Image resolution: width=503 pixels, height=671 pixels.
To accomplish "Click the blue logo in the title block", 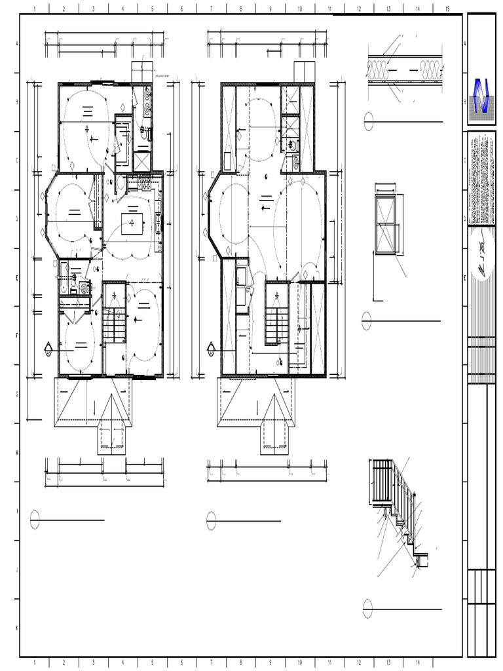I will pyautogui.click(x=482, y=97).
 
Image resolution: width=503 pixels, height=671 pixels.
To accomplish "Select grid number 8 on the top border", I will pyautogui.click(x=241, y=9).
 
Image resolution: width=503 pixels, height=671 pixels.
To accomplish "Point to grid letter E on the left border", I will pyautogui.click(x=16, y=278).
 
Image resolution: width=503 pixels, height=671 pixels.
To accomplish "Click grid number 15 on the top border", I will pyautogui.click(x=447, y=9).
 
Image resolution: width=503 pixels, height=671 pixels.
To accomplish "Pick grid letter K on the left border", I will pyautogui.click(x=16, y=628).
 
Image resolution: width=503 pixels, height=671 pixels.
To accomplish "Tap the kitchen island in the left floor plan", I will pyautogui.click(x=133, y=223).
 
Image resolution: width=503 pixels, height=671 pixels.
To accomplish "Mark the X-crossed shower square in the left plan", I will pyautogui.click(x=142, y=161).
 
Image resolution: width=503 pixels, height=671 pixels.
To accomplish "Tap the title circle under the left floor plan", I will pyautogui.click(x=35, y=520).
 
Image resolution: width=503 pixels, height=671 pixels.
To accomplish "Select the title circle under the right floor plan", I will pyautogui.click(x=211, y=521).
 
